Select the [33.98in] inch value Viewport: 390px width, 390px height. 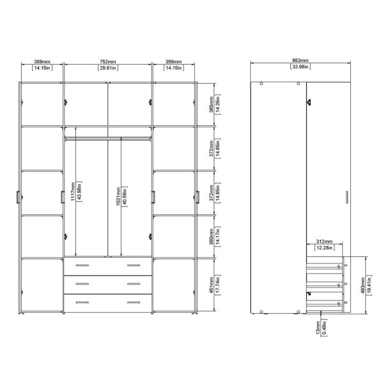(x=299, y=66)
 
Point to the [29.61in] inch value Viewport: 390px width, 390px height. (x=108, y=68)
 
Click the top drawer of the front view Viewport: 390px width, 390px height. (x=108, y=265)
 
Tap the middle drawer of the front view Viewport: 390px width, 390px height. (x=108, y=283)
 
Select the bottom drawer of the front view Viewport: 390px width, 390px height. (x=108, y=302)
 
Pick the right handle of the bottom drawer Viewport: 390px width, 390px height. (x=134, y=302)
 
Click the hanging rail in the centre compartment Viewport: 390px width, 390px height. (x=108, y=136)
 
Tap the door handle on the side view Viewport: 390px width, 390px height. (x=346, y=199)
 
